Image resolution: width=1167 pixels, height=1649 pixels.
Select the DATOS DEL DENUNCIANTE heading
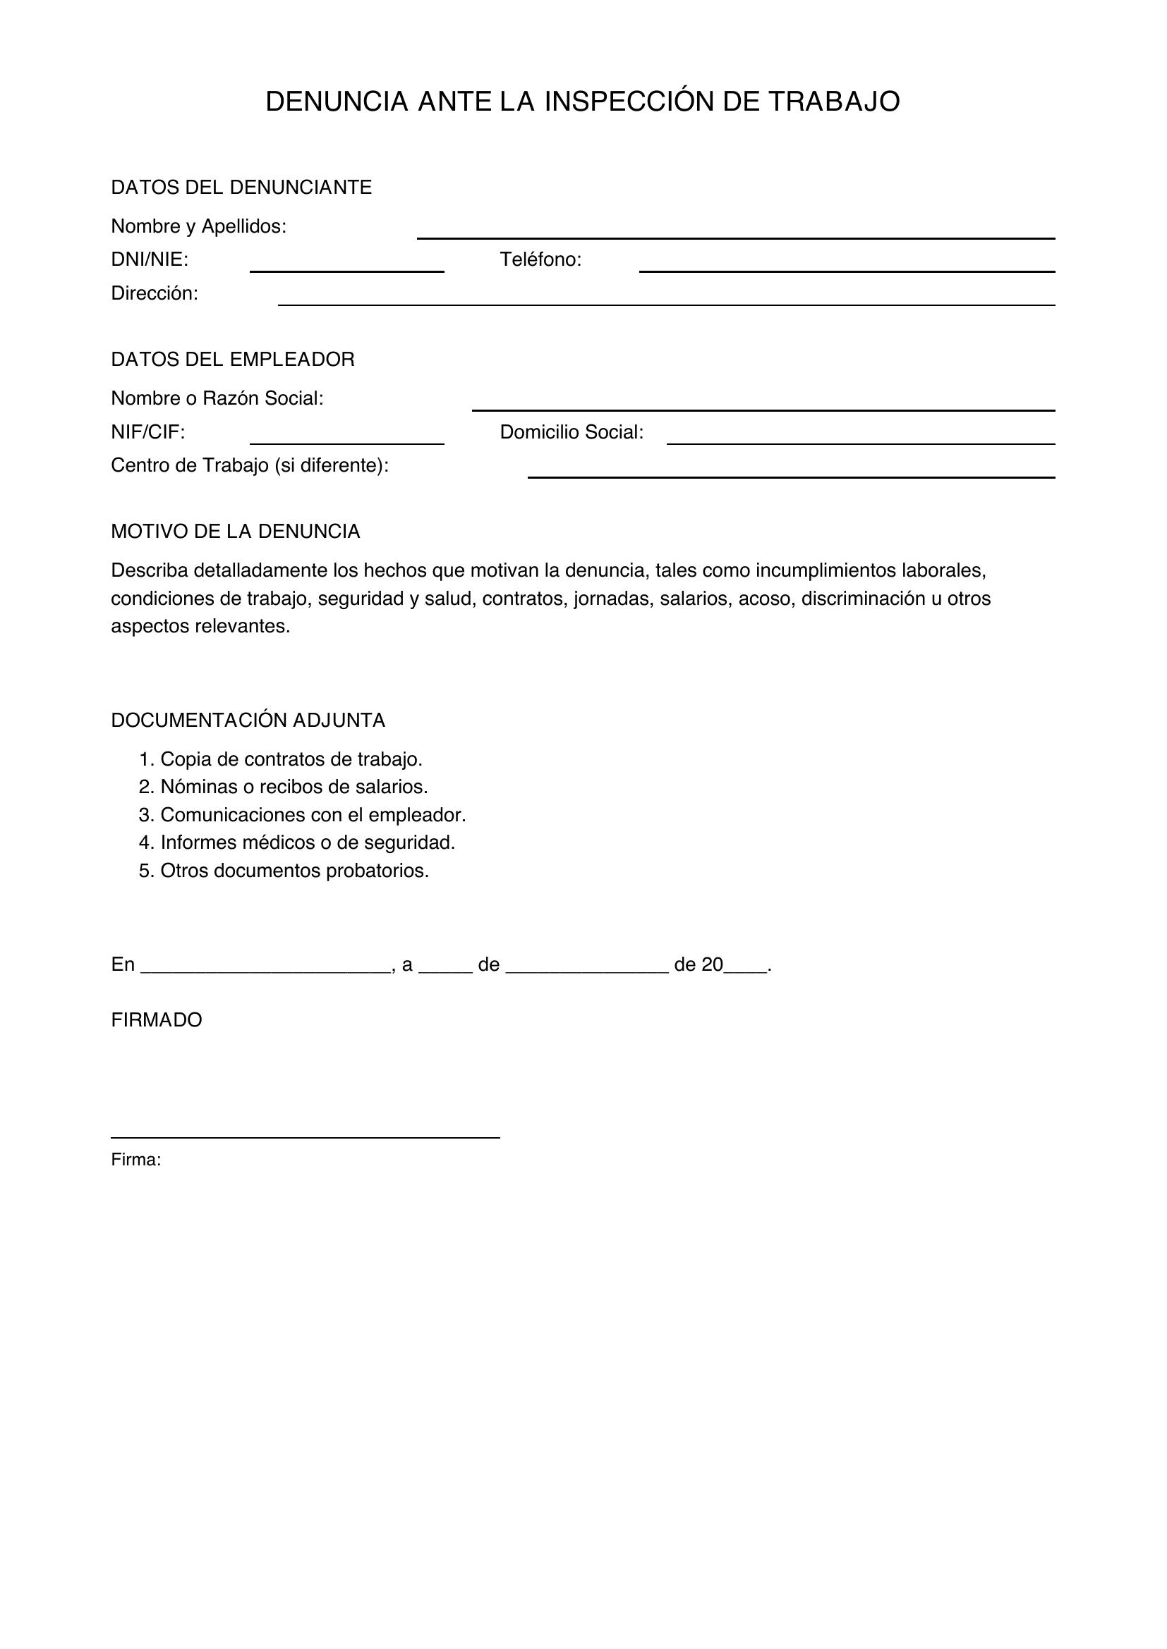241,188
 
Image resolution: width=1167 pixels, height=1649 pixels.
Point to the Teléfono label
540,260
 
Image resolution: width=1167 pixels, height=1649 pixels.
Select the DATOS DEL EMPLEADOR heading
232,359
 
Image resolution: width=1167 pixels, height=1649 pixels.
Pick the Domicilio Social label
572,432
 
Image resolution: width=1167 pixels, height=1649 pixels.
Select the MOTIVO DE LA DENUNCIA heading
235,532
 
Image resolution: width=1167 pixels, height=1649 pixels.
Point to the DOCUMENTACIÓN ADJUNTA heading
248,721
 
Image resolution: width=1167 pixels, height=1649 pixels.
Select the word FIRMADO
157,1020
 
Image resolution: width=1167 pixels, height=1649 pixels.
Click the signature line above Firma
305,1136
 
